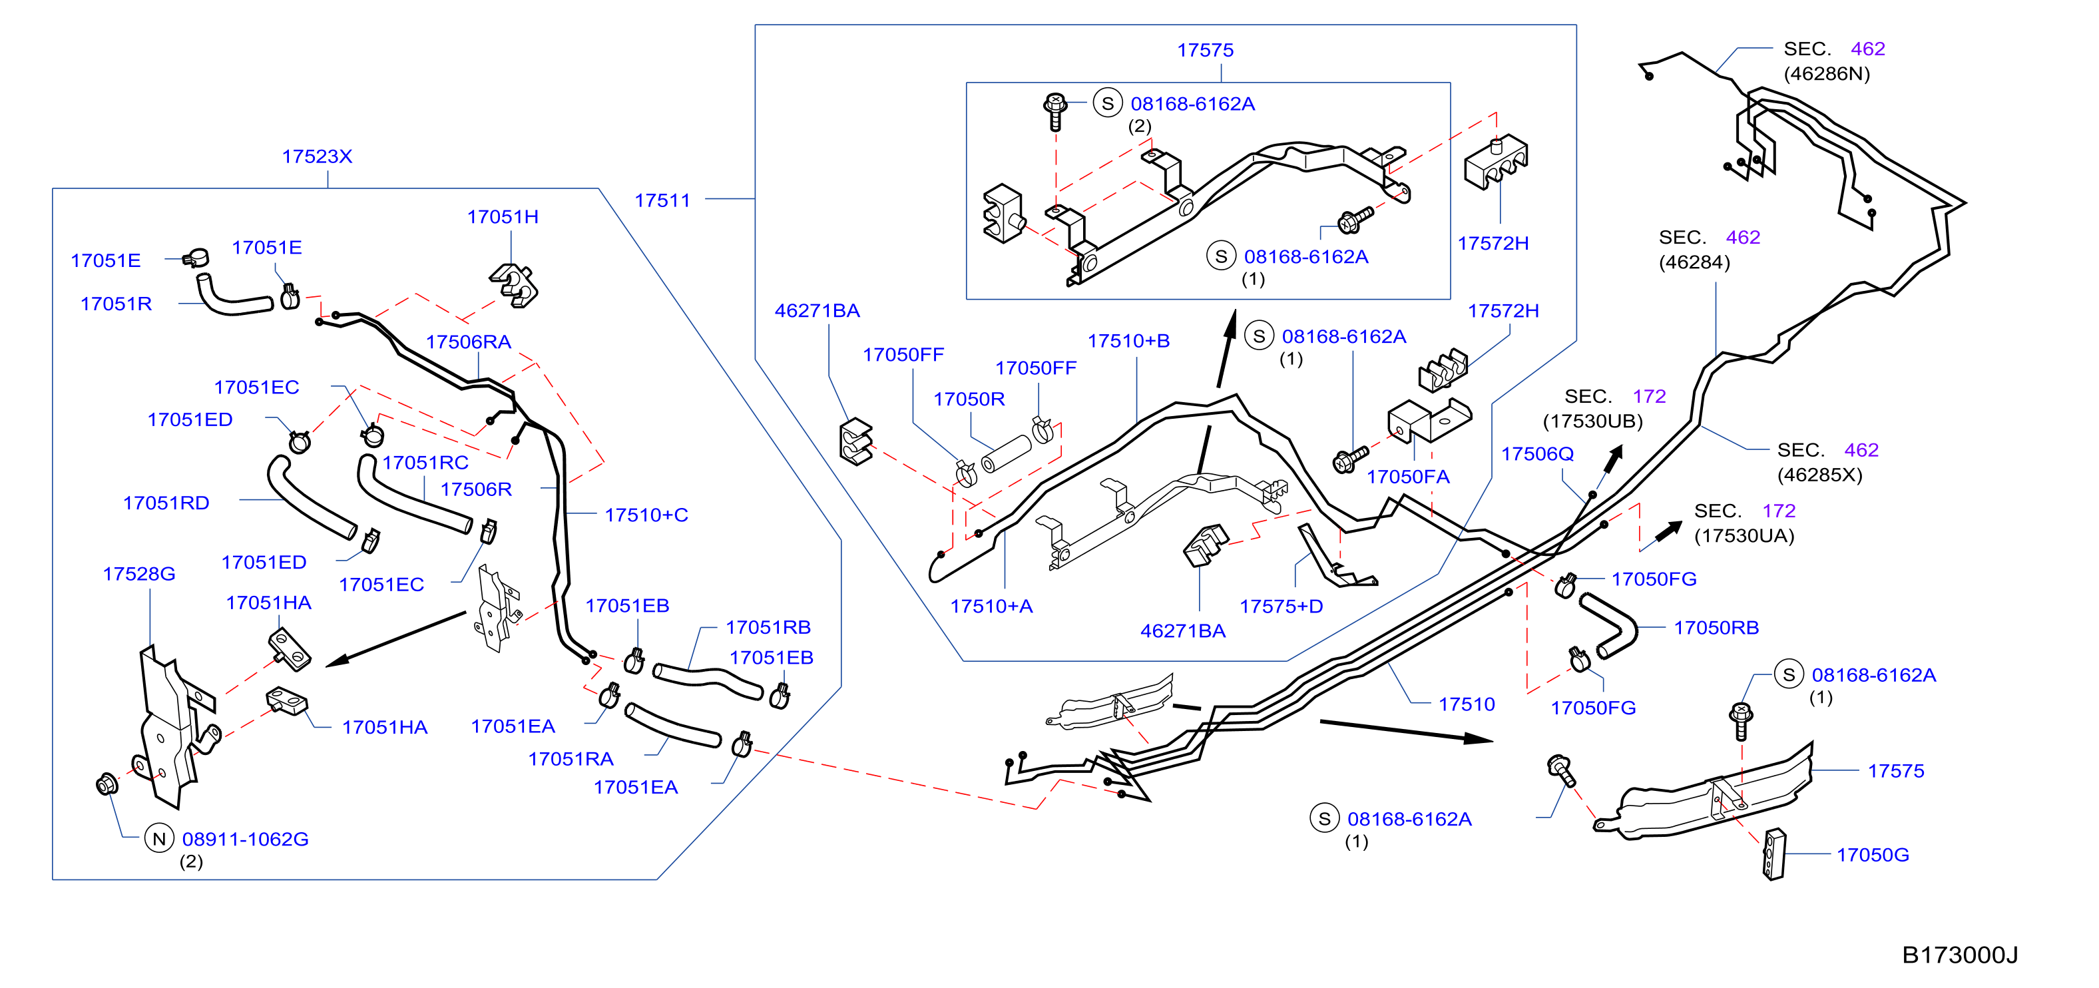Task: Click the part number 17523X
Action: pos(317,156)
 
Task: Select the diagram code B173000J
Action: pos(1960,955)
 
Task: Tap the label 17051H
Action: pos(503,217)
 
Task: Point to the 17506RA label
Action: pos(469,342)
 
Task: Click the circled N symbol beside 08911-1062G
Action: pos(159,838)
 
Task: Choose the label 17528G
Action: pos(139,574)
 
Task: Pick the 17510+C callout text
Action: pos(646,515)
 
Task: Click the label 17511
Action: pos(662,200)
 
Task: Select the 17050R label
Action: pos(969,399)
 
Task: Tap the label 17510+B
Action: pos(1128,341)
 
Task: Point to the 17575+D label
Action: pos(1281,607)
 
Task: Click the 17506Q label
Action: pos(1538,454)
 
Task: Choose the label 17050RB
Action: pos(1716,628)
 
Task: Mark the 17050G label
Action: pos(1873,855)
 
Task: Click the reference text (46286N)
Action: pos(1827,74)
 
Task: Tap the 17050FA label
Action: pos(1408,477)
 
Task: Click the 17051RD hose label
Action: pos(166,503)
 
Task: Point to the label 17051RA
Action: pos(571,759)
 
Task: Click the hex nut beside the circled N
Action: pos(106,784)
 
